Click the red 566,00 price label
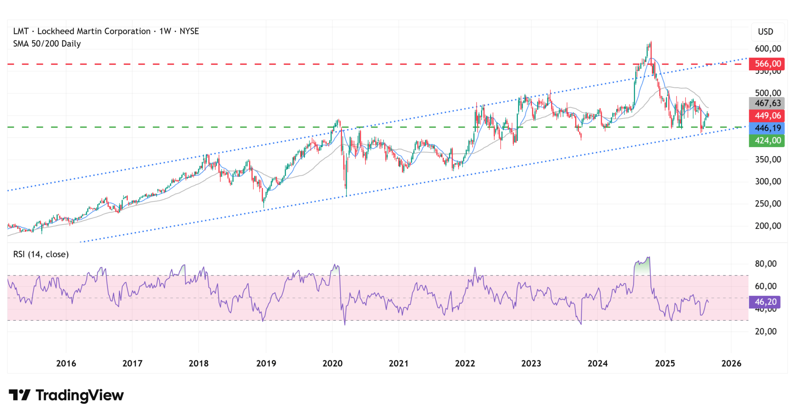click(767, 64)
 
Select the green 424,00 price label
click(767, 141)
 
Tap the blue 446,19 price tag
click(767, 128)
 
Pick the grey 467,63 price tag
click(767, 103)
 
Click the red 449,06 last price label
click(767, 116)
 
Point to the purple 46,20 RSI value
click(765, 302)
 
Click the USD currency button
click(765, 32)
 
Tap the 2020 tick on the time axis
click(332, 363)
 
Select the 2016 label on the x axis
click(66, 363)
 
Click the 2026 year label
click(731, 363)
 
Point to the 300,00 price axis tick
click(767, 182)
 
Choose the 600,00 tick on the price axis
click(767, 49)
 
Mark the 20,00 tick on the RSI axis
click(765, 332)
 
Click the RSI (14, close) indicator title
click(41, 254)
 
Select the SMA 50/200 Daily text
click(47, 43)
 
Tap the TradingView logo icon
click(19, 395)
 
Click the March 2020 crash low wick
click(346, 192)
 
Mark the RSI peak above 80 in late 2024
click(648, 257)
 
